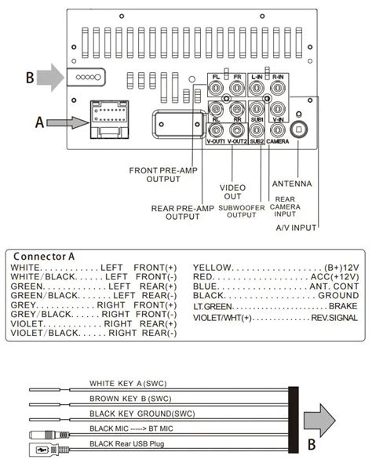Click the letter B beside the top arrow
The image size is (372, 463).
coord(29,77)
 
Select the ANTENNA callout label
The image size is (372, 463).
coord(291,184)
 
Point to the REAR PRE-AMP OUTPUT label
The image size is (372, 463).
coord(182,212)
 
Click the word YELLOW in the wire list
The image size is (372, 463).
coord(211,267)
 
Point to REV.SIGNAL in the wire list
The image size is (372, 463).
coord(334,318)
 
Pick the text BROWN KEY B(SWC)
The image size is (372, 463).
coord(130,399)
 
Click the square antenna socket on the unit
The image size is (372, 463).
coord(299,129)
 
